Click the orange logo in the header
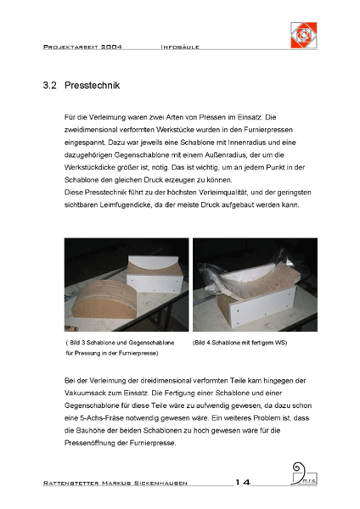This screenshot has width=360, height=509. point(303,35)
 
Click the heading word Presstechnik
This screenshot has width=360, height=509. point(92,86)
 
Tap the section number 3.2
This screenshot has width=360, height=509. point(49,86)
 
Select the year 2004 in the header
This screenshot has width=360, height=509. point(111,47)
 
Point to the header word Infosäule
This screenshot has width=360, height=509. point(180,47)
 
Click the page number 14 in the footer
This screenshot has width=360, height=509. point(243,483)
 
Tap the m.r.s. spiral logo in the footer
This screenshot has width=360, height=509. point(304,474)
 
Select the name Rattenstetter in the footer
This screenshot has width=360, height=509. point(70,484)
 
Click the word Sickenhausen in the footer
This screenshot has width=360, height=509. point(160,484)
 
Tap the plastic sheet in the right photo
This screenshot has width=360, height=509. point(228,279)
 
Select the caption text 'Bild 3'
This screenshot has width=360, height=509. point(77,343)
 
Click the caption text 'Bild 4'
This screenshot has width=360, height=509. point(202,343)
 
